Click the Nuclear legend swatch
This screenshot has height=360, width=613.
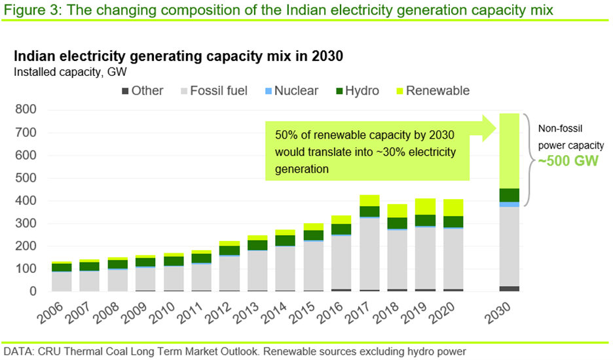coord(267,91)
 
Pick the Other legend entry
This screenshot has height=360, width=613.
coord(140,91)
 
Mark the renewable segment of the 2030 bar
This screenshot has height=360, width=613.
coord(510,151)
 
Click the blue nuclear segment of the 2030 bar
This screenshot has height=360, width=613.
coord(510,205)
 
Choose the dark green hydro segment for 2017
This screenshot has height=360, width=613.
coord(370,211)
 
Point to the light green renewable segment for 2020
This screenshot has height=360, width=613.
coord(453,207)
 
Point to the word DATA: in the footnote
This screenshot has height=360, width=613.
coord(18,351)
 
